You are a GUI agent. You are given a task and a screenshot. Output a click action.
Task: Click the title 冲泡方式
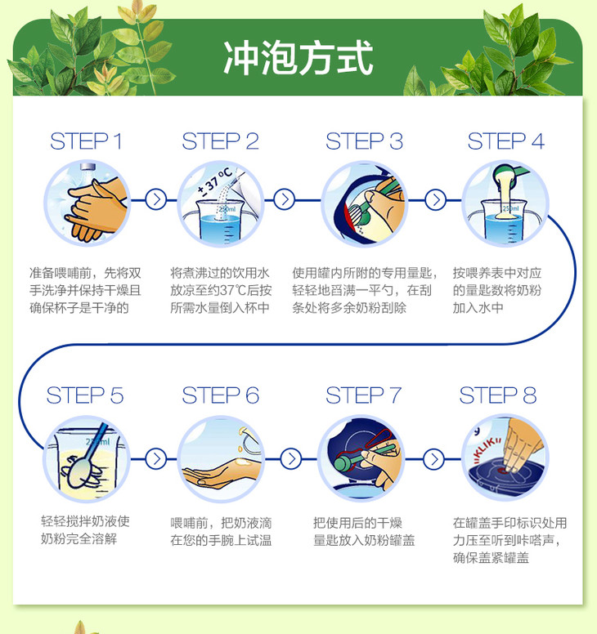298,57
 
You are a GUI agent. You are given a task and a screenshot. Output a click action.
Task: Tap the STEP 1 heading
86,141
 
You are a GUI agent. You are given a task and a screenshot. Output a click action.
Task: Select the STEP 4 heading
506,141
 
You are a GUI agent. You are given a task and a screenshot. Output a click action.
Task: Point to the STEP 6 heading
220,395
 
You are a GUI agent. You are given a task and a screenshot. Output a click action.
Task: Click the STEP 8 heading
498,395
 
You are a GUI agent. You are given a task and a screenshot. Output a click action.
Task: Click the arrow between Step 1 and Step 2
156,199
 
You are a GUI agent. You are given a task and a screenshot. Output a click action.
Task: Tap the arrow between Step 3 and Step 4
436,199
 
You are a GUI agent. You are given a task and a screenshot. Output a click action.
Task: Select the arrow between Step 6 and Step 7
290,458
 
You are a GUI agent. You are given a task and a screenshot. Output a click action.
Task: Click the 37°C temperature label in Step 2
214,182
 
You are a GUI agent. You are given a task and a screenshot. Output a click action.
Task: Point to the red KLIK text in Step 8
487,449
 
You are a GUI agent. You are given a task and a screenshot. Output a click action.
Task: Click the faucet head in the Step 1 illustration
88,167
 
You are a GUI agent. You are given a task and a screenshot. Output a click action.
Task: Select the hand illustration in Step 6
222,472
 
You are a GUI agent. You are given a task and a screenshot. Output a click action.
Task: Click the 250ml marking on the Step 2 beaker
227,209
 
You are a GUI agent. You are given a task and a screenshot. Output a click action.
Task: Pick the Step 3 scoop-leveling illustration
364,203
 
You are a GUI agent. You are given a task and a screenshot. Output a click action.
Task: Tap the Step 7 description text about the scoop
363,531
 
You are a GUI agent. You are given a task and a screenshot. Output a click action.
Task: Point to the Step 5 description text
85,529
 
